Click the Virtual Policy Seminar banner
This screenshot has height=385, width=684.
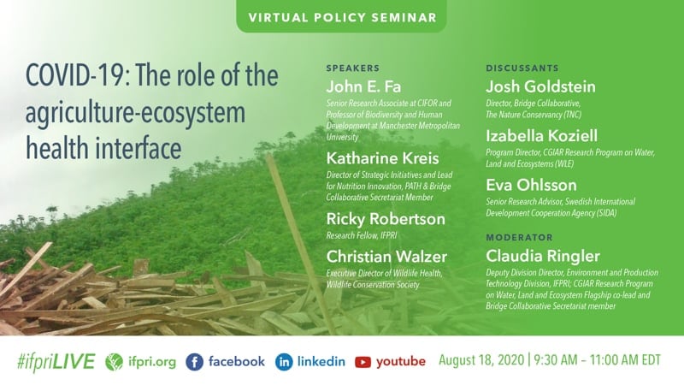click(x=341, y=16)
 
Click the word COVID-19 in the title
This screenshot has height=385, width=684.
click(x=75, y=75)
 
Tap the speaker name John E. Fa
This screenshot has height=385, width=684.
click(x=363, y=86)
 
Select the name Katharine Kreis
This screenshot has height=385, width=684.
click(x=382, y=158)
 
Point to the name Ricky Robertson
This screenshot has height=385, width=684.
click(x=386, y=219)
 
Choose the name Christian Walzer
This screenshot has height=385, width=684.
click(x=386, y=256)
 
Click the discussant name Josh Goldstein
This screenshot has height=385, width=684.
click(x=540, y=86)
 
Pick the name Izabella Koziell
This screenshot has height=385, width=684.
click(x=541, y=136)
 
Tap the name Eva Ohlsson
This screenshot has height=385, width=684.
click(x=531, y=185)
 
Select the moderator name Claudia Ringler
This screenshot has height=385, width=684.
click(x=543, y=256)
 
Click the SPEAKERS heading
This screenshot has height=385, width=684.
click(x=353, y=68)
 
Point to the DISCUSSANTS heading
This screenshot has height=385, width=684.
click(x=522, y=68)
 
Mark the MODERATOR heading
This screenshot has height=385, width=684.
click(x=519, y=238)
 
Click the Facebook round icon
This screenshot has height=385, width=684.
click(x=195, y=362)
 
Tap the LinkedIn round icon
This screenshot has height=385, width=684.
click(x=284, y=362)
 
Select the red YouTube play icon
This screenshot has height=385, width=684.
click(x=363, y=362)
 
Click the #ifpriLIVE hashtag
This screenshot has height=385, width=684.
click(x=56, y=362)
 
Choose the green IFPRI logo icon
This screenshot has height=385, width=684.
click(x=114, y=362)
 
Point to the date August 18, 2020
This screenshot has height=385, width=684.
click(x=481, y=360)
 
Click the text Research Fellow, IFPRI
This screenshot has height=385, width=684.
click(x=362, y=235)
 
